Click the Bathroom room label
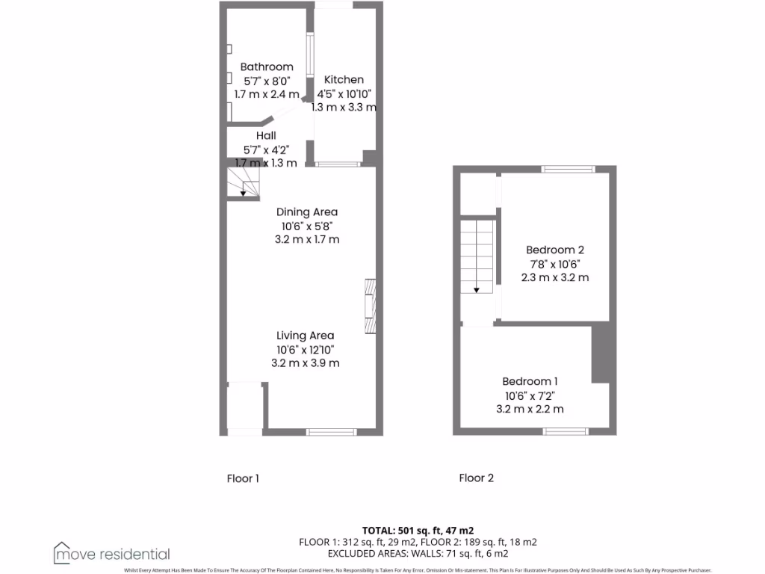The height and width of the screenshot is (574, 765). tap(267, 67)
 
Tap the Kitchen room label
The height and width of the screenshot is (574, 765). tap(344, 79)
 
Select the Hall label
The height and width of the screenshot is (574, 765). tap(266, 135)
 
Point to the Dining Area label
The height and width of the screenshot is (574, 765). tap(307, 212)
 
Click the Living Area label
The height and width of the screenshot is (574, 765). tap(305, 336)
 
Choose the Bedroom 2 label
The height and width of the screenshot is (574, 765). tap(554, 250)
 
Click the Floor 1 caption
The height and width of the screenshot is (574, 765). tap(243, 478)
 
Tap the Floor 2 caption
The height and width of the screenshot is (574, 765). tap(476, 478)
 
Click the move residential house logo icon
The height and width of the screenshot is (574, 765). tap(61, 553)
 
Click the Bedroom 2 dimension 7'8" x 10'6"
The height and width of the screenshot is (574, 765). tap(554, 264)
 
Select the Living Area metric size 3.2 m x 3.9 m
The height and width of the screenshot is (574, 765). tap(305, 363)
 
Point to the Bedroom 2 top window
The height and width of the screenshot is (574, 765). tap(568, 170)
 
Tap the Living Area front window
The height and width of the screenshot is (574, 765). tap(331, 431)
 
